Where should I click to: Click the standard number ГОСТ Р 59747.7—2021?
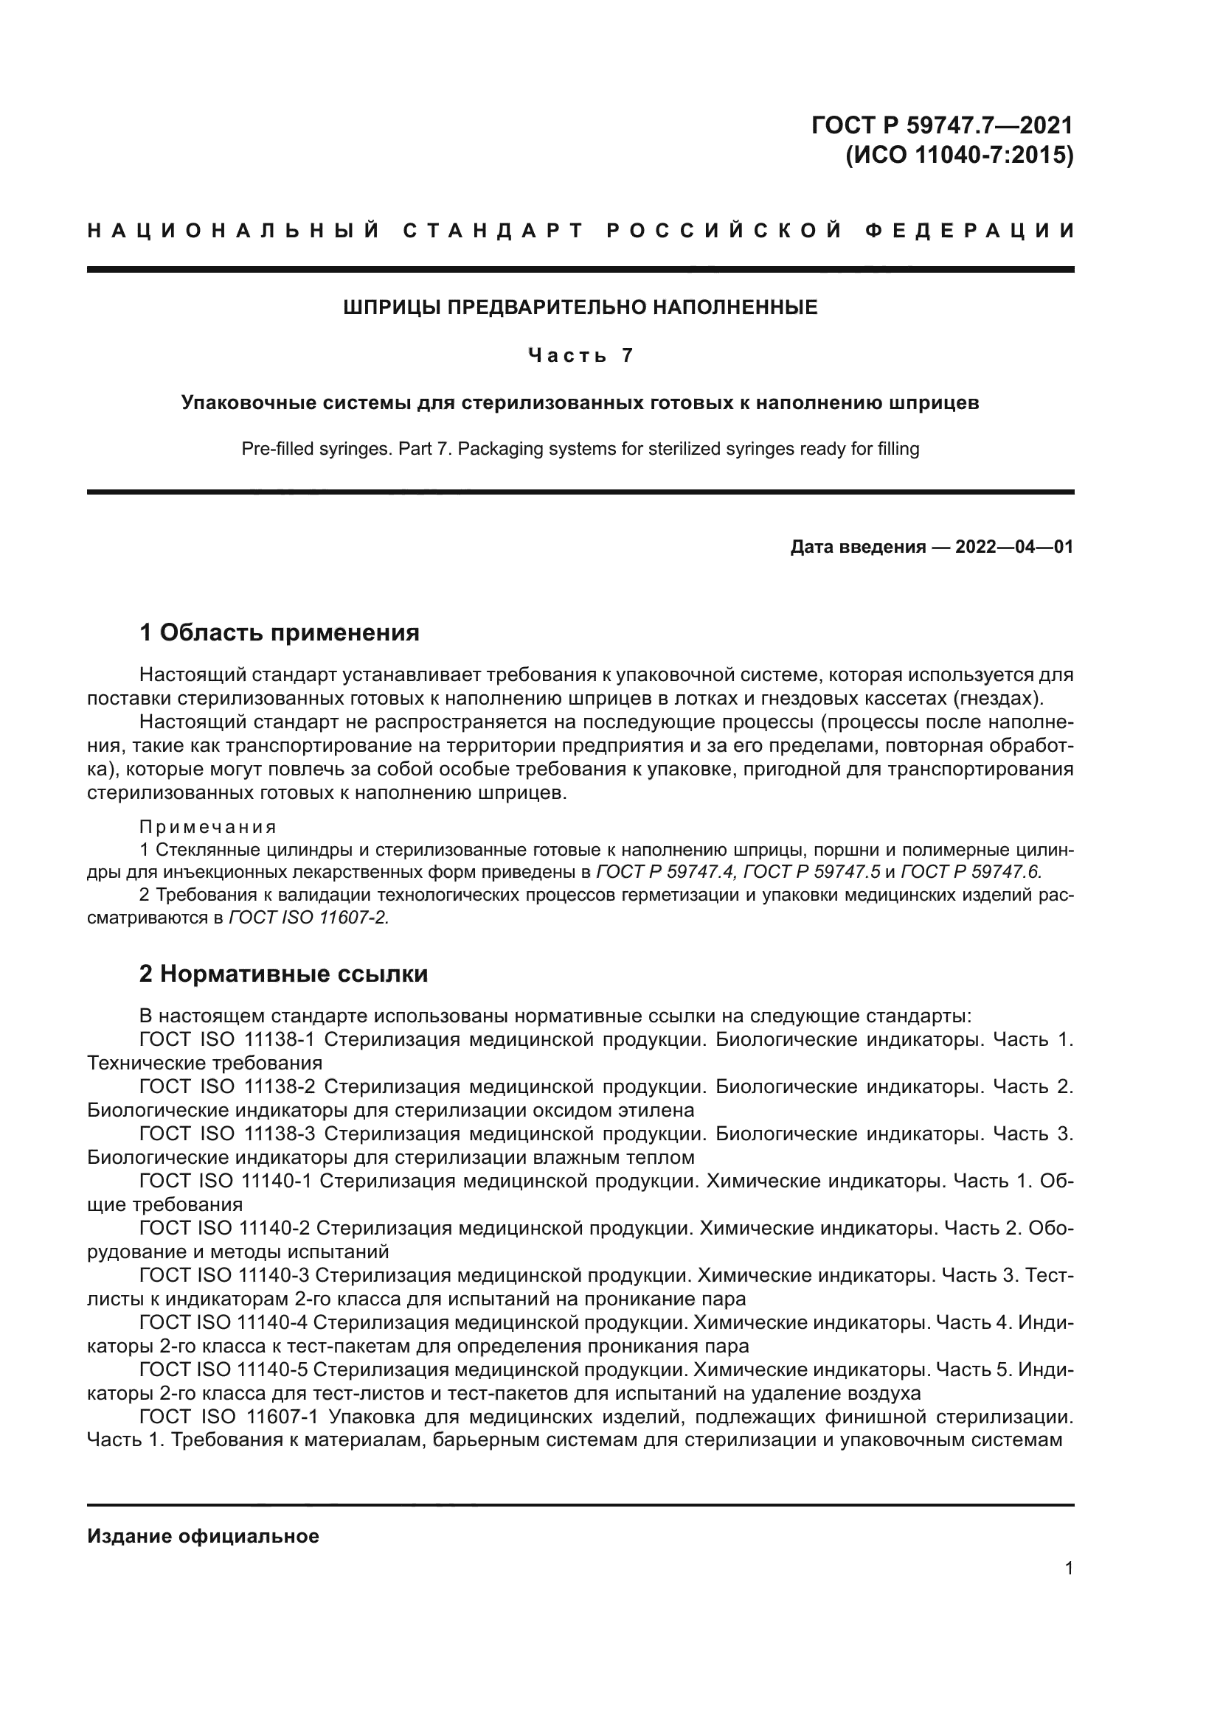(942, 125)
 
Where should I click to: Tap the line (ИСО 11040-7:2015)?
(960, 156)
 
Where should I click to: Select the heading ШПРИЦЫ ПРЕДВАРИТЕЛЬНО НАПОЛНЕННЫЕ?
(580, 307)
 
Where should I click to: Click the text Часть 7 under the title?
(580, 355)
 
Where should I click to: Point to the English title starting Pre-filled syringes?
(580, 449)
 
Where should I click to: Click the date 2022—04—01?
(1013, 547)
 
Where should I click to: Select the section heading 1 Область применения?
(280, 632)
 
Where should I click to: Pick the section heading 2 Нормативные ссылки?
(284, 974)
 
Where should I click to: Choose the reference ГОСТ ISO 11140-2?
(225, 1228)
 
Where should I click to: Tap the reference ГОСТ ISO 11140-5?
(224, 1369)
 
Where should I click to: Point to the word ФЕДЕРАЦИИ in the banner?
(970, 231)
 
